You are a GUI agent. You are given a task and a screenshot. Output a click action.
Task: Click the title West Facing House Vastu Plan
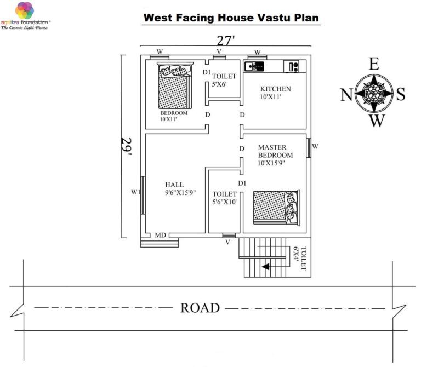point(231,18)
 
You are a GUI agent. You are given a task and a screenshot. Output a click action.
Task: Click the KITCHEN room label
point(275,89)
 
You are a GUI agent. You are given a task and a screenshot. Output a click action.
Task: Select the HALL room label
point(174,185)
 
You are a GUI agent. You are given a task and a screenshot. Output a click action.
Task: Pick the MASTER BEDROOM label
point(275,151)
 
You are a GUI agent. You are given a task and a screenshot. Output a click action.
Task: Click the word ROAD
point(200,308)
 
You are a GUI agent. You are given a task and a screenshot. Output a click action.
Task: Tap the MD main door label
point(160,235)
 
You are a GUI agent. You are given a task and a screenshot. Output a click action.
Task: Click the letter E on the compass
point(374,64)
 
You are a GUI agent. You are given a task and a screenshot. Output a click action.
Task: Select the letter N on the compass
point(346,95)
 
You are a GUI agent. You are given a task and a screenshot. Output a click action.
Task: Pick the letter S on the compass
point(401,94)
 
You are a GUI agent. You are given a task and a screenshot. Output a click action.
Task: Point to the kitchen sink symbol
point(255,66)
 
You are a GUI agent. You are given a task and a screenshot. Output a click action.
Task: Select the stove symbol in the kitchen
point(292,67)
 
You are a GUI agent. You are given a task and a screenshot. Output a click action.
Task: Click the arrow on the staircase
point(266,267)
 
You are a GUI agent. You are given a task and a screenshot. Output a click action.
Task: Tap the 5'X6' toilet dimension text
point(224,85)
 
